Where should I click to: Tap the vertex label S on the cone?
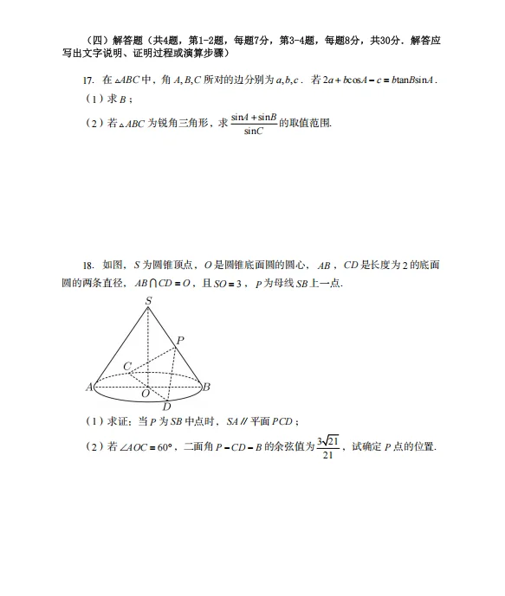(x=148, y=301)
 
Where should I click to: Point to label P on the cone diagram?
(x=180, y=341)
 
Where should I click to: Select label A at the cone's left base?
(x=89, y=388)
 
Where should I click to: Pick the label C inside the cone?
(x=127, y=366)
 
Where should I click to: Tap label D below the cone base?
(x=166, y=407)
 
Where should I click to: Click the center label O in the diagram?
(x=146, y=394)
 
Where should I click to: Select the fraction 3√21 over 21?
(x=328, y=447)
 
